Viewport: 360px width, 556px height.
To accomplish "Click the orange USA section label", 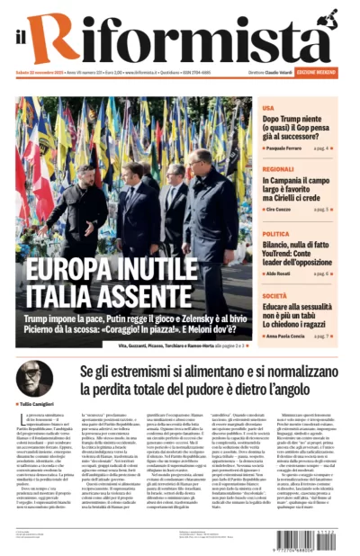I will point(268,105).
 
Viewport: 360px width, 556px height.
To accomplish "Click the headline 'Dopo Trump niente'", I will point(297,117).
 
